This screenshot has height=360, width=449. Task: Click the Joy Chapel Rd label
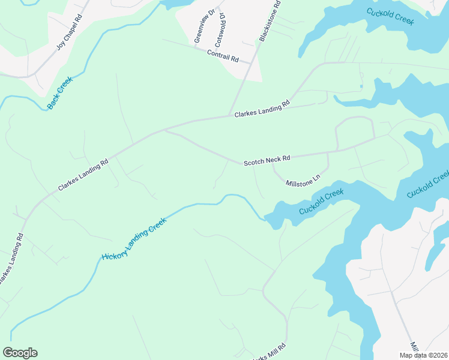pyautogui.click(x=69, y=34)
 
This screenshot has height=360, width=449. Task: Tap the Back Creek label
pyautogui.click(x=60, y=93)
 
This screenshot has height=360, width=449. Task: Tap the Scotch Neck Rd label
pyautogui.click(x=267, y=161)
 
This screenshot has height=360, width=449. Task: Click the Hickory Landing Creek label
pyautogui.click(x=133, y=239)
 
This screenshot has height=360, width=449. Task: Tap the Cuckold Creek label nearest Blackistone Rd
pyautogui.click(x=390, y=14)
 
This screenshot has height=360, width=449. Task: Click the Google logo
pyautogui.click(x=20, y=352)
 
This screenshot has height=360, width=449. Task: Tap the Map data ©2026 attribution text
pyautogui.click(x=423, y=355)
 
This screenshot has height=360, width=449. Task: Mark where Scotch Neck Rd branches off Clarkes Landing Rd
pyautogui.click(x=165, y=130)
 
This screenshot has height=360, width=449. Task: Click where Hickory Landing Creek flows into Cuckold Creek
pyautogui.click(x=265, y=218)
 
